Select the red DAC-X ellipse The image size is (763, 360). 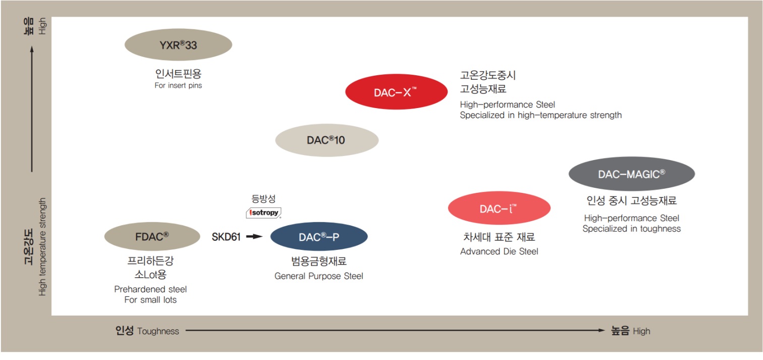pyautogui.click(x=396, y=92)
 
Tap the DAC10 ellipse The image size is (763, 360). pyautogui.click(x=326, y=140)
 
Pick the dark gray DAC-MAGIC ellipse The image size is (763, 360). pyautogui.click(x=631, y=174)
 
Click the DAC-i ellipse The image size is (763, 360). pyautogui.click(x=499, y=209)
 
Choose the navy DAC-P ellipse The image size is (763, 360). pyautogui.click(x=319, y=237)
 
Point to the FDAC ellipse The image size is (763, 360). pyautogui.click(x=152, y=237)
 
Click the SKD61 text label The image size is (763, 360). pyautogui.click(x=226, y=237)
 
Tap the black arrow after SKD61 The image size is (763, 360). pyautogui.click(x=255, y=237)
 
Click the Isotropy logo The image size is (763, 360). pyautogui.click(x=263, y=213)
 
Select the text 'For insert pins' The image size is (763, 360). pyautogui.click(x=178, y=86)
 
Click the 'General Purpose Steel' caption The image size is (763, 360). pyautogui.click(x=318, y=276)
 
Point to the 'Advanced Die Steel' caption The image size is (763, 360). pyautogui.click(x=499, y=251)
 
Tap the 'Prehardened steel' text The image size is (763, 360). pyautogui.click(x=150, y=289)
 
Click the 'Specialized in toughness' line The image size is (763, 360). pyautogui.click(x=631, y=229)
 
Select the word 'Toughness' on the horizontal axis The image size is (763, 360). pyautogui.click(x=158, y=332)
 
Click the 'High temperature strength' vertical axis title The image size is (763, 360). pyautogui.click(x=43, y=247)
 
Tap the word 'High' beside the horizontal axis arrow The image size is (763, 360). pyautogui.click(x=641, y=332)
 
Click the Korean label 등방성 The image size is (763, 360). pyautogui.click(x=263, y=199)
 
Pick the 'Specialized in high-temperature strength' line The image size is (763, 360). pyautogui.click(x=540, y=115)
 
